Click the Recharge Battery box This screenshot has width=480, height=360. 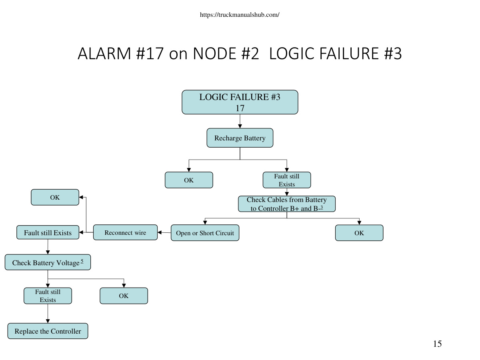tap(240, 138)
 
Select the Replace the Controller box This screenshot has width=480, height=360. tap(48, 331)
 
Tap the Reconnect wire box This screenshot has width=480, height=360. tap(125, 232)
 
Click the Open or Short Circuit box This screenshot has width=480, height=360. tap(205, 233)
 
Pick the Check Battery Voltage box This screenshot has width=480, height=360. tap(48, 262)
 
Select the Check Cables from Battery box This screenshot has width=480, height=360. tap(287, 204)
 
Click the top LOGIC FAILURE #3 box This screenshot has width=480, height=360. tap(240, 102)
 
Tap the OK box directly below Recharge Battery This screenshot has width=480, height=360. tap(189, 180)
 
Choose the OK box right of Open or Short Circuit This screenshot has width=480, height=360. tap(359, 233)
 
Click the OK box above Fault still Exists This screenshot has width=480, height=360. tap(55, 197)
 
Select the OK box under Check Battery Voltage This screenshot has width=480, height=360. tap(124, 296)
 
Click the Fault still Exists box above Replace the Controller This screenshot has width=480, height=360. tap(48, 296)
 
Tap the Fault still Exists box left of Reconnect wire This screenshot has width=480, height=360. tap(48, 232)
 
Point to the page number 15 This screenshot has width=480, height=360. tap(437, 344)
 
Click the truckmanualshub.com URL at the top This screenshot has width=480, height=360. tap(240, 15)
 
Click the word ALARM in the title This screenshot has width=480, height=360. tap(104, 53)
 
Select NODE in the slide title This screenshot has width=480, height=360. tap(214, 53)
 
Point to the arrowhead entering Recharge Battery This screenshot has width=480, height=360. tap(240, 126)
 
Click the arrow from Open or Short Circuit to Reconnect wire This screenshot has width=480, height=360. tap(164, 232)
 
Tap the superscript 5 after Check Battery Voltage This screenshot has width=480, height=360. tap(82, 261)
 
